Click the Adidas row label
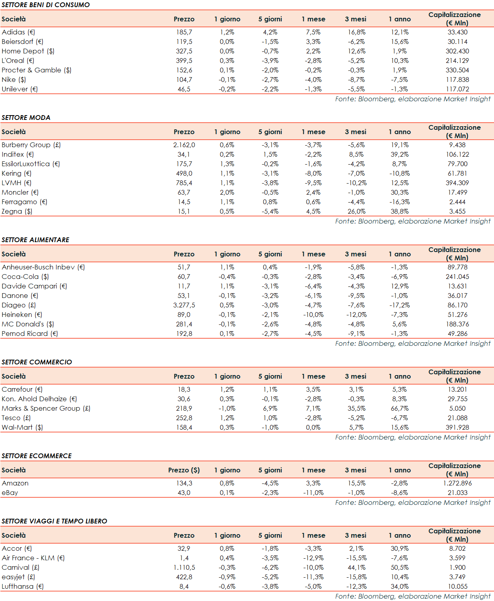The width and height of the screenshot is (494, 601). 18,32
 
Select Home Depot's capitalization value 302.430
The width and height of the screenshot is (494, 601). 457,51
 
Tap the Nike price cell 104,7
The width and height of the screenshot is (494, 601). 184,80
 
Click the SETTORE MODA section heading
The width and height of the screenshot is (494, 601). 26,118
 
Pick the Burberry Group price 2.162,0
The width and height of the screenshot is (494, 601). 184,145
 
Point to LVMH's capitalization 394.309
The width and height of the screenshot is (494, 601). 457,183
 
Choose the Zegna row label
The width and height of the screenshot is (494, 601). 17,211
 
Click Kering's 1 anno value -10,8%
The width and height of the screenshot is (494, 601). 400,173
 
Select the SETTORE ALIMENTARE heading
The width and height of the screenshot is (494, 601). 36,240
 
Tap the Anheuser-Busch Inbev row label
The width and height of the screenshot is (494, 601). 43,267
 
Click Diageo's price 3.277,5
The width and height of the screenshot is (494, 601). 184,305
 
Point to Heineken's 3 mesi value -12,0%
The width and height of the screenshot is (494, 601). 356,315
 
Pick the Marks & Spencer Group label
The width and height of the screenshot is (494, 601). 46,408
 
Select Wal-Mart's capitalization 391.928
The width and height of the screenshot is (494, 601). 457,427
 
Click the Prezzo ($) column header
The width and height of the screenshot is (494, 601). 184,470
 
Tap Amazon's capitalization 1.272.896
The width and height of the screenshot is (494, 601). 457,483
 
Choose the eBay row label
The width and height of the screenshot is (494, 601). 10,493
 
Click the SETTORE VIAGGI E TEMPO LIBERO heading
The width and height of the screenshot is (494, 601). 55,521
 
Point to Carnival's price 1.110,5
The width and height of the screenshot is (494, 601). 184,567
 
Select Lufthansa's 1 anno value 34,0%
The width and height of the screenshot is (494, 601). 400,586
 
